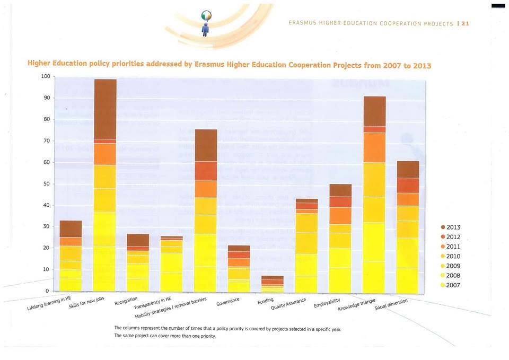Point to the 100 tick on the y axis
point(45,76)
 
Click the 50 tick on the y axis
point(47,184)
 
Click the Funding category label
point(265,302)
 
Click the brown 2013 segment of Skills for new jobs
point(105,109)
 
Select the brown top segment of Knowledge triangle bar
point(374,111)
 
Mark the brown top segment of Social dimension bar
point(408,169)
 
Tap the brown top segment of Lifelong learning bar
point(71,229)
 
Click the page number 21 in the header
point(466,23)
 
